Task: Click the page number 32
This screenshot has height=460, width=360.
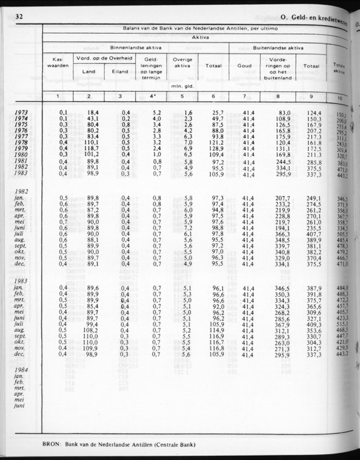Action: click(x=18, y=17)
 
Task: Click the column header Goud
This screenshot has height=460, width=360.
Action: click(x=244, y=66)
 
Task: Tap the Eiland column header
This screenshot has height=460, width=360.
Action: click(x=120, y=72)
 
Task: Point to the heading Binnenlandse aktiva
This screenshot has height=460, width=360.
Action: click(x=136, y=48)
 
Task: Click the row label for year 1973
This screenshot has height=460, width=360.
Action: click(x=21, y=112)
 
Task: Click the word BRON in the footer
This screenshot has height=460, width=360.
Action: click(x=52, y=445)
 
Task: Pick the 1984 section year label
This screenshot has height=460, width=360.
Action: click(x=21, y=369)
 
